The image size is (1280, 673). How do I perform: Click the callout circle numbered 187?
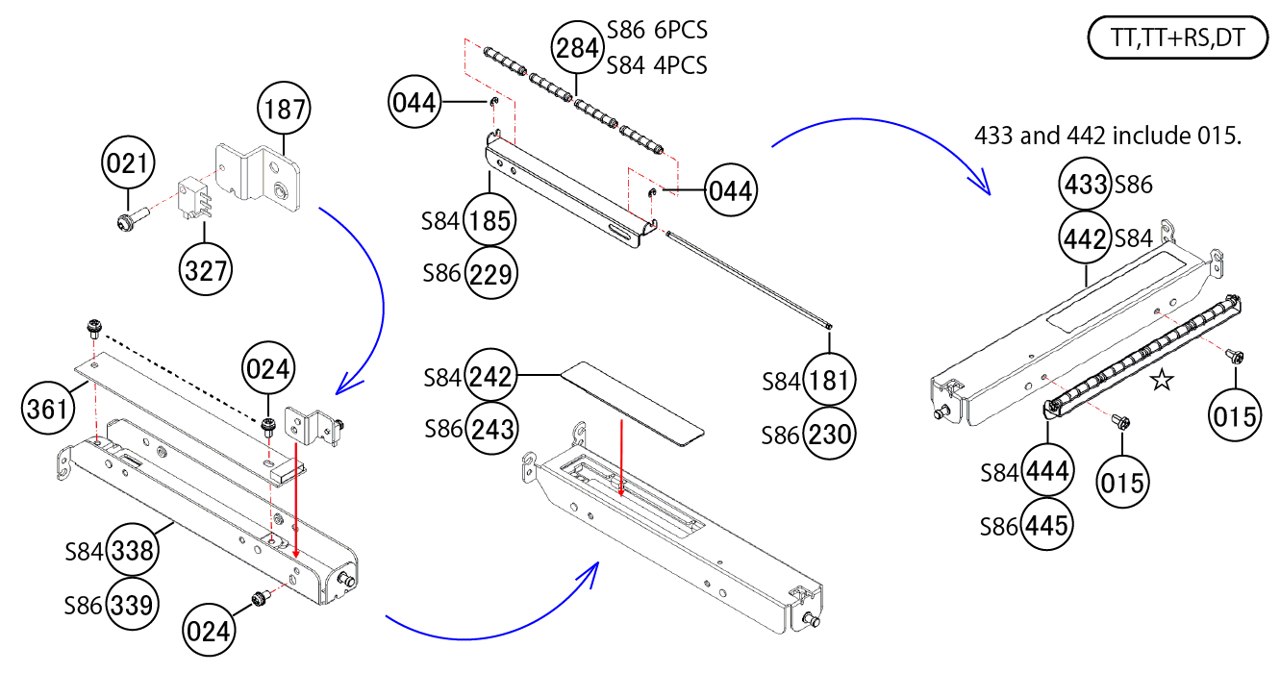(285, 111)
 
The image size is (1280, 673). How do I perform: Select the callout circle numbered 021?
(128, 165)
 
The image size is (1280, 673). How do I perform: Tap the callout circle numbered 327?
(206, 269)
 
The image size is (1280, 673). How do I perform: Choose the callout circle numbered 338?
(133, 551)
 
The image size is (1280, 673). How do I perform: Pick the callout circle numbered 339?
(133, 606)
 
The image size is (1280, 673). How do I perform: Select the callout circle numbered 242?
(490, 376)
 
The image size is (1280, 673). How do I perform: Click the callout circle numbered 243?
(490, 427)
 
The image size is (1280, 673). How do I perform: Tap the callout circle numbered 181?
(829, 381)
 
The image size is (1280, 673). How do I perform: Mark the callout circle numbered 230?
(829, 435)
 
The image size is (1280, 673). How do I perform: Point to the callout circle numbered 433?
(1086, 185)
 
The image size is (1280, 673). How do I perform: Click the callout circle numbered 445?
(1048, 525)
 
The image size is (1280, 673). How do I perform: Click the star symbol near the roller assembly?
(1162, 382)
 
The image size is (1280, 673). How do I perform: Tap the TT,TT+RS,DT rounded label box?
(1177, 39)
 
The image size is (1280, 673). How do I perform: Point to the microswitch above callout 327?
(192, 197)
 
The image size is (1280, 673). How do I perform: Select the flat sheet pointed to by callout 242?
(635, 402)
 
